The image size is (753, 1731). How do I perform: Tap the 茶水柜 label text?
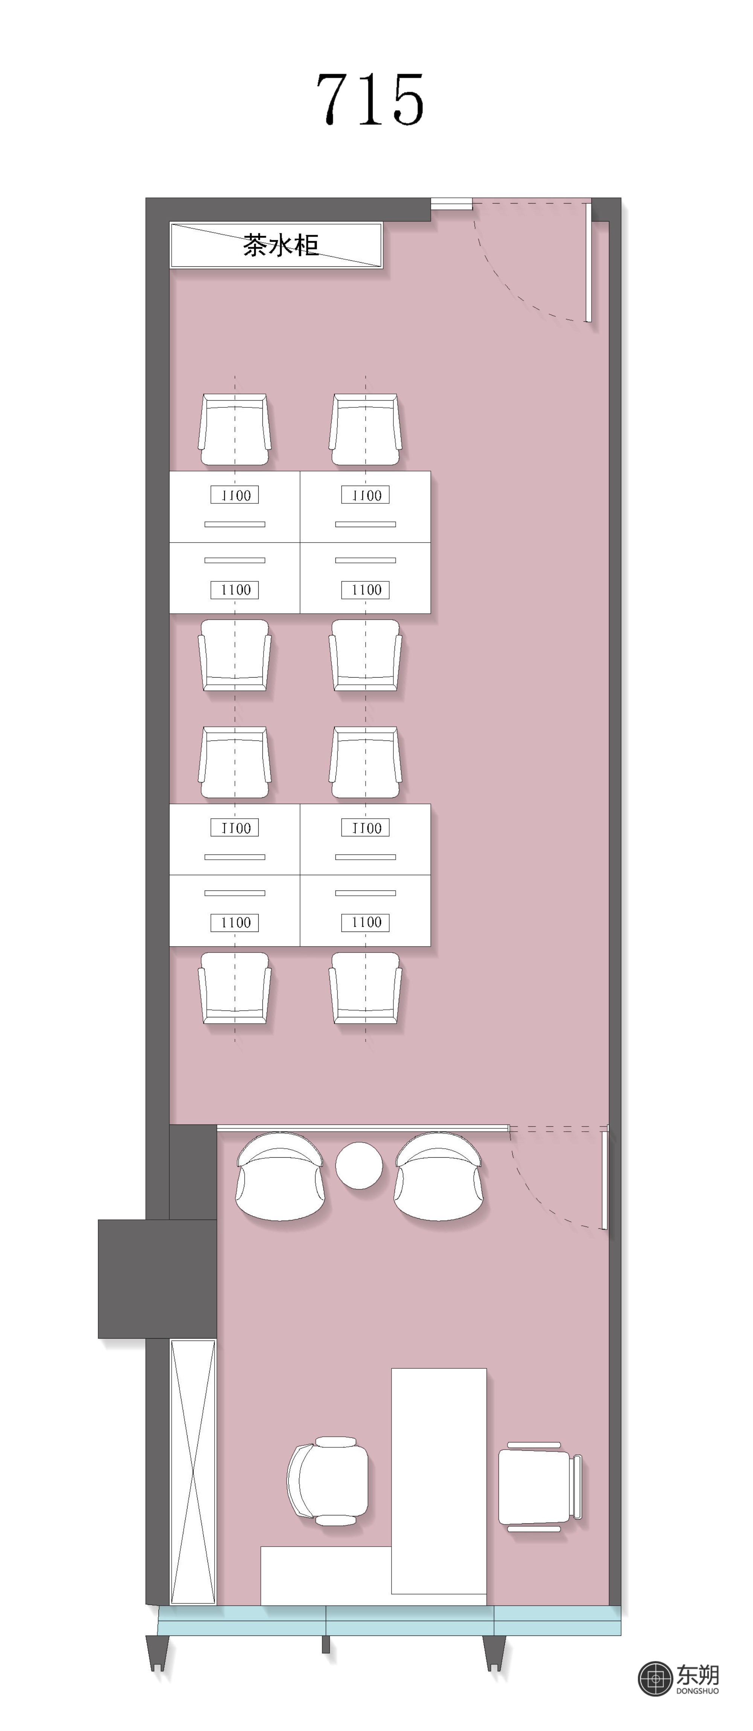[x=280, y=245]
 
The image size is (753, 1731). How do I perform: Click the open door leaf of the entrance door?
[x=588, y=262]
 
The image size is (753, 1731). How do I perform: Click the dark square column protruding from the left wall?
[x=157, y=1279]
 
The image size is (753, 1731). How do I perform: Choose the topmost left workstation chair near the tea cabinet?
[x=235, y=429]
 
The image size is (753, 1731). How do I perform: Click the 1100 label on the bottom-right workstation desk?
[x=366, y=922]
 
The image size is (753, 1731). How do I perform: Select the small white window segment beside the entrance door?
[x=451, y=203]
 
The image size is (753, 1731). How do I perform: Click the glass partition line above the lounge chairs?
[x=363, y=1127]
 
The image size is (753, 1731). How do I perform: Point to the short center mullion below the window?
[x=326, y=1644]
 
